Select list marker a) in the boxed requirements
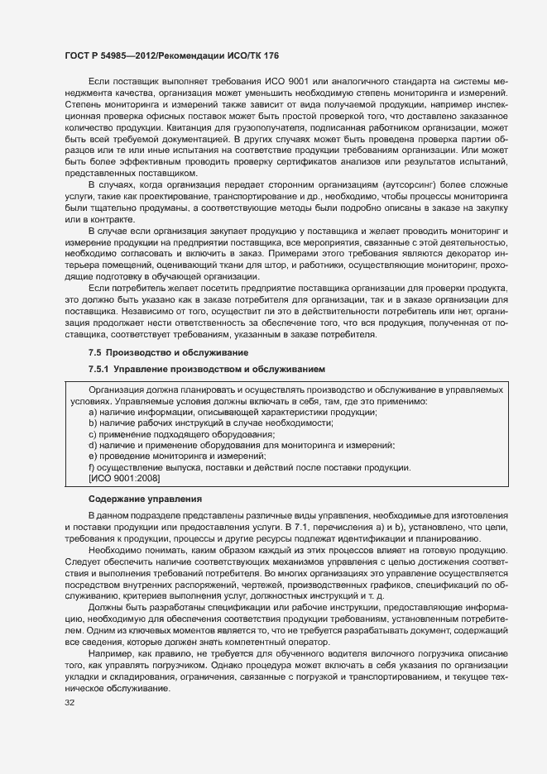pyautogui.click(x=94, y=412)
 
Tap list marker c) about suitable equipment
pyautogui.click(x=93, y=434)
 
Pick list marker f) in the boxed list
pyautogui.click(x=93, y=467)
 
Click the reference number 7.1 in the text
pyautogui.click(x=313, y=528)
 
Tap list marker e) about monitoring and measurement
pyautogui.click(x=94, y=456)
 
